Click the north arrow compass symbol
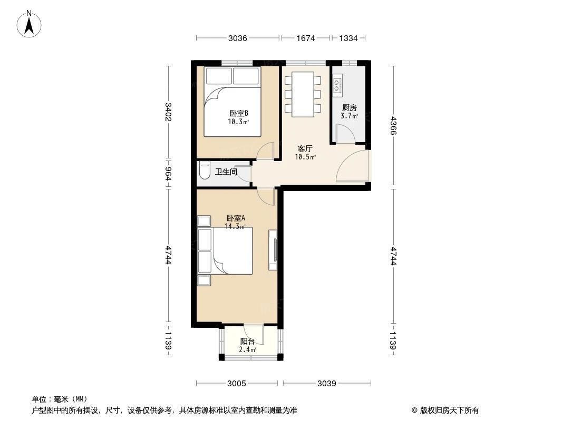click(x=29, y=24)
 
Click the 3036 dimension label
click(x=238, y=38)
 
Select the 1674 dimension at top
click(x=305, y=38)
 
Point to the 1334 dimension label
click(x=348, y=38)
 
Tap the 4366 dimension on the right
click(x=394, y=125)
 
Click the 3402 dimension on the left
click(x=168, y=112)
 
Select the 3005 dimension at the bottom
click(x=237, y=384)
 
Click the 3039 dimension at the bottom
click(x=326, y=384)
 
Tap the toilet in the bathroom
click(x=205, y=171)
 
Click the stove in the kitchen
click(x=337, y=85)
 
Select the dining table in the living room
click(x=303, y=94)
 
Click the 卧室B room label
click(x=239, y=113)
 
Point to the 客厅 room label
click(x=305, y=148)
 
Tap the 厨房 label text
click(x=350, y=108)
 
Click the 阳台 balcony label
click(x=247, y=341)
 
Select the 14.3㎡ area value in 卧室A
click(x=235, y=226)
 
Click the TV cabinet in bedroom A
click(x=273, y=249)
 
